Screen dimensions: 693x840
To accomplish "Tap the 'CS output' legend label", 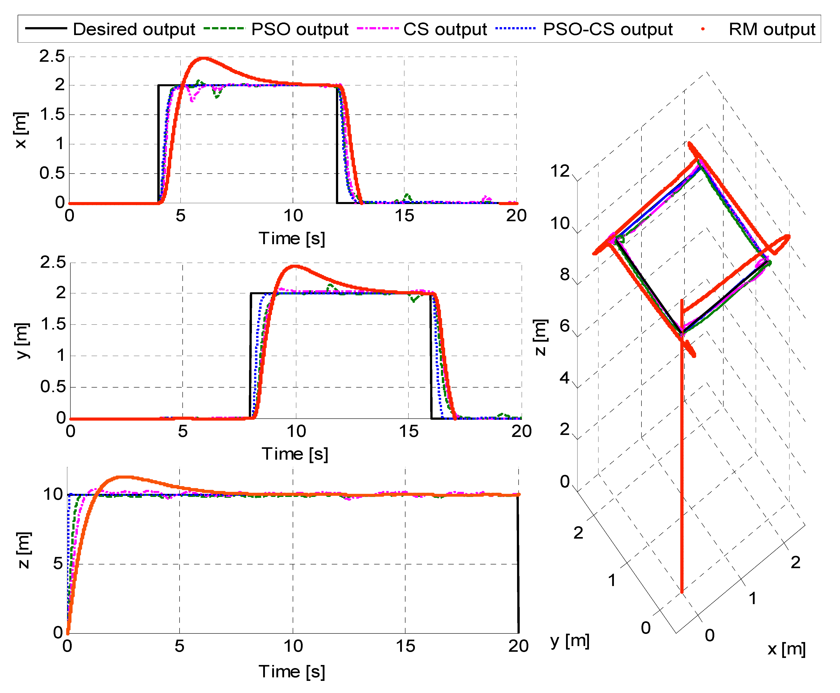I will (445, 29).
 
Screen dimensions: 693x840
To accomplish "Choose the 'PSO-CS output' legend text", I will (608, 29).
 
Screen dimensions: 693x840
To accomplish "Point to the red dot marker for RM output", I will (703, 29).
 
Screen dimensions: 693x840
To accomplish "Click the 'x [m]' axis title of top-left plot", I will (21, 130).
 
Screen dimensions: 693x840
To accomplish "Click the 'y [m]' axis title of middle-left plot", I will (22, 341).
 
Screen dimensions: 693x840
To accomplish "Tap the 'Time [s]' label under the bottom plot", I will (292, 671).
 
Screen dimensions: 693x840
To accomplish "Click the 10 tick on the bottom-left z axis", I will (53, 494).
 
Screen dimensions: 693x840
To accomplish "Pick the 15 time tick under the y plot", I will (409, 431).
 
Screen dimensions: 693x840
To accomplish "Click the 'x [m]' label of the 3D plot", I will (786, 649).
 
